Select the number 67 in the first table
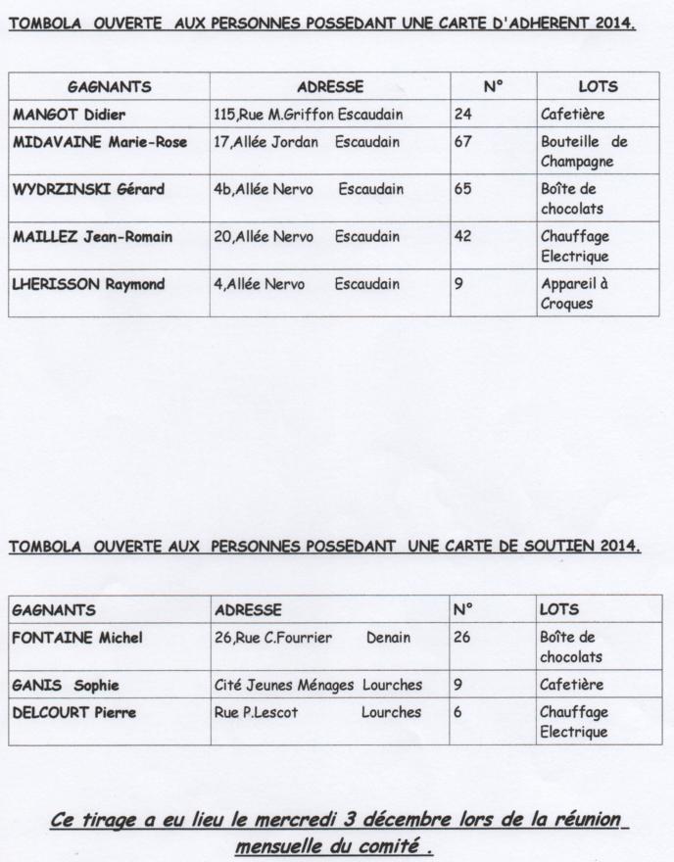pos(463,142)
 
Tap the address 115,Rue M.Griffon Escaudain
pos(309,115)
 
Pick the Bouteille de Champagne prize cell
pos(584,152)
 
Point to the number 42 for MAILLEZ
pos(463,236)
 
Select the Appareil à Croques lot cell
pos(575,293)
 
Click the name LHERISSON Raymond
pos(88,284)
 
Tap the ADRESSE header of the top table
pos(329,86)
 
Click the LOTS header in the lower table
pos(559,609)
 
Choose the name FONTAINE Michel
pos(77,638)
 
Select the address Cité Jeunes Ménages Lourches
pos(318,685)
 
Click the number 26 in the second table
pos(462,638)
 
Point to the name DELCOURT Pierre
pos(73,712)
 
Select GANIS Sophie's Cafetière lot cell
pos(572,685)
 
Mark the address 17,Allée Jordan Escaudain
pos(307,142)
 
